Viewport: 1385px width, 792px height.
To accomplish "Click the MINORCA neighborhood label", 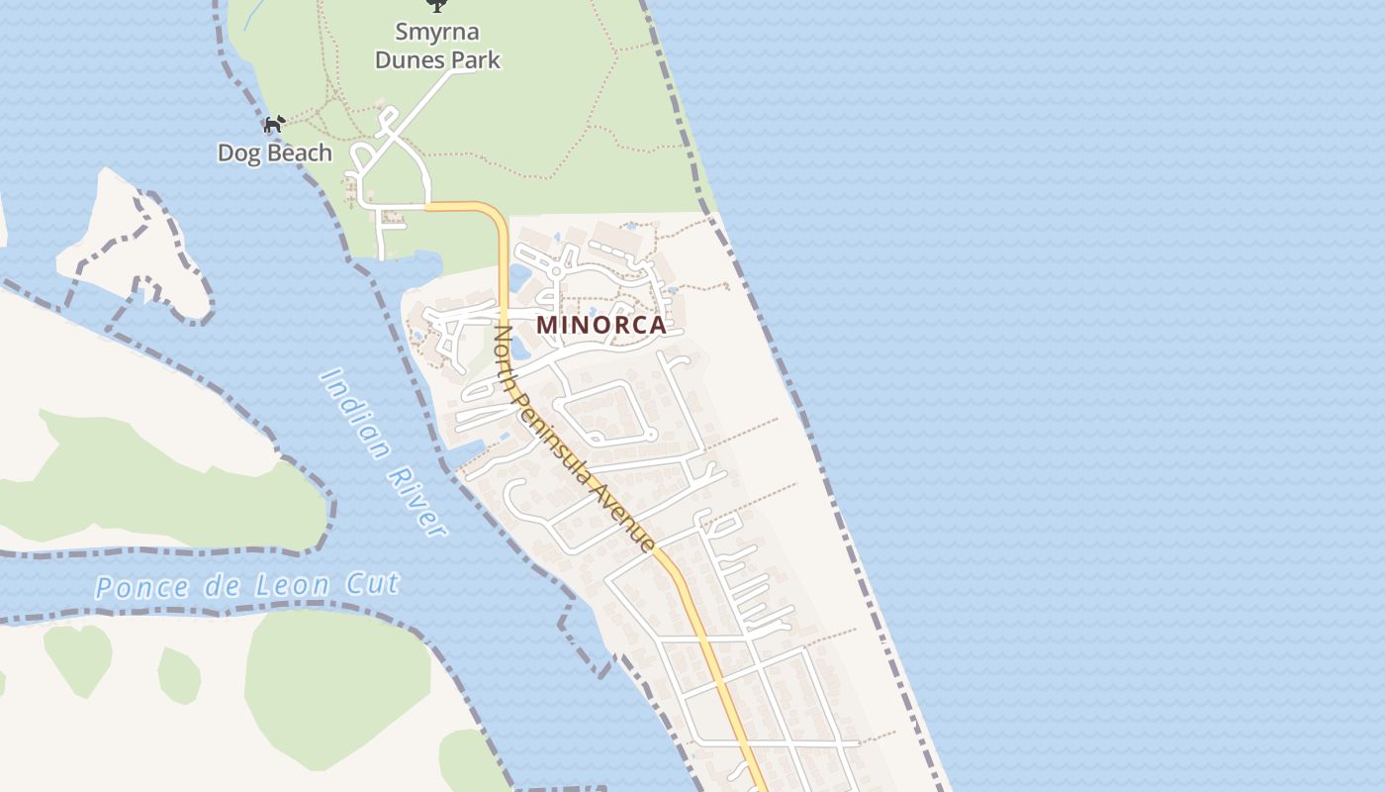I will pos(600,325).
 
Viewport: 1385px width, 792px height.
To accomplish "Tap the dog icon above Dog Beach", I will pos(274,125).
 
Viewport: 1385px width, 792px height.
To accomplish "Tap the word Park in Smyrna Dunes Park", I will pos(475,60).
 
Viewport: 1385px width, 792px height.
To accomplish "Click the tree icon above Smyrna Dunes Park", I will pos(435,5).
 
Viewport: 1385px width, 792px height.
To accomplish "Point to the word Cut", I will pos(372,582).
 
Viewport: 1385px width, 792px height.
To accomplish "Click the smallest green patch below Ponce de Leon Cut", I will pos(179,674).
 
